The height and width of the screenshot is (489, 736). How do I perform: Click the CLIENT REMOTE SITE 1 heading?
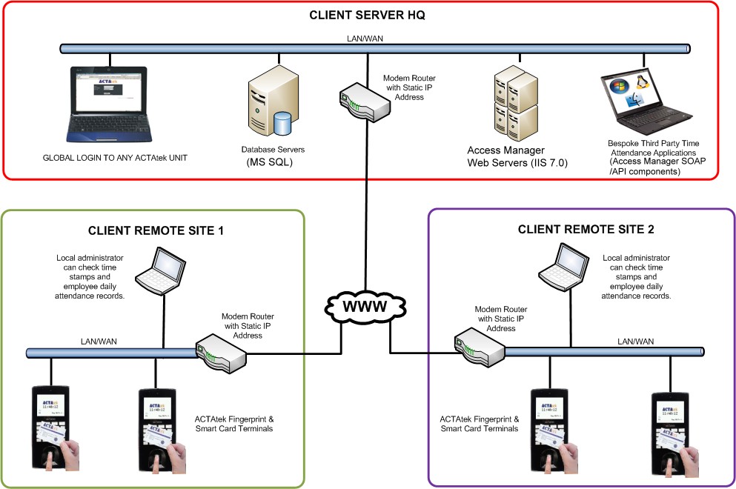(156, 230)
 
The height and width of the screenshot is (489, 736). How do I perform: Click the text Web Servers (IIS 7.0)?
(517, 163)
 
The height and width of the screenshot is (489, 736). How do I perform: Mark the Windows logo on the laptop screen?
(617, 87)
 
